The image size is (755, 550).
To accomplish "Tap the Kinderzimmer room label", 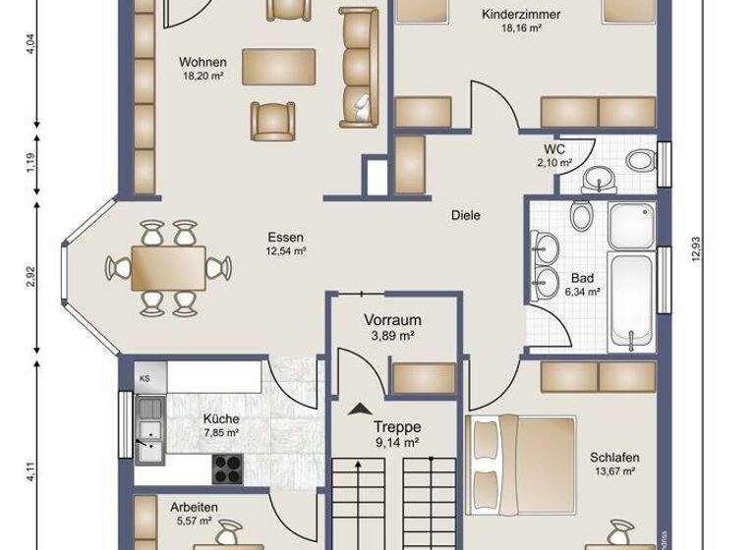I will [521, 15].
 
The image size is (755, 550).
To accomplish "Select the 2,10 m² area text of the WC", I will [553, 163].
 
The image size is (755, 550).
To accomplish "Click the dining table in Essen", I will [168, 266].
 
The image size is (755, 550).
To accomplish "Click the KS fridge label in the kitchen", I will [145, 378].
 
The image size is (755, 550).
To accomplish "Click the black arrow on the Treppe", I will [358, 408].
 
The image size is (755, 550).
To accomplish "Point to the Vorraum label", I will [392, 320].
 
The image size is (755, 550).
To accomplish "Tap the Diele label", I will [465, 215].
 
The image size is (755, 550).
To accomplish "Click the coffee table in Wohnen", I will [279, 67].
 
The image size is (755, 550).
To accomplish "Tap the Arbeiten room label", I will [194, 507].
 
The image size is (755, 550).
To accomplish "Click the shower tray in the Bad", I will [630, 227].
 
